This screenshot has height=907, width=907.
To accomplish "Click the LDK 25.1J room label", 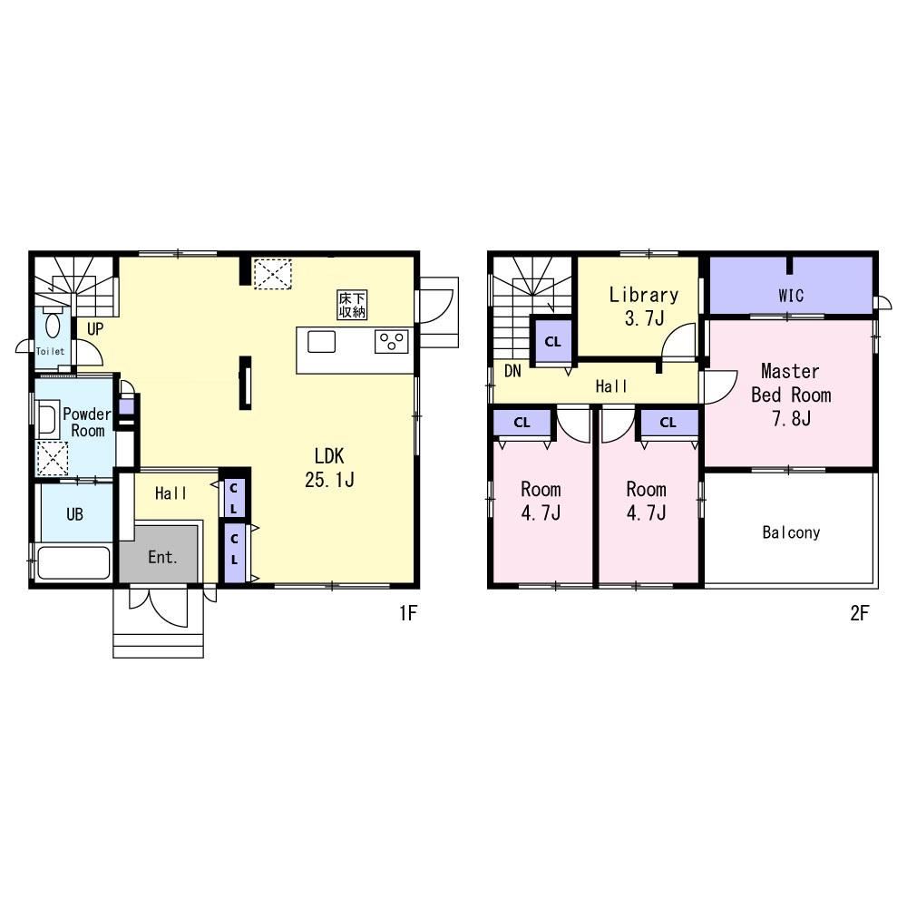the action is (329, 467).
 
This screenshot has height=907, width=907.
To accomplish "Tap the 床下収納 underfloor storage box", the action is (352, 305).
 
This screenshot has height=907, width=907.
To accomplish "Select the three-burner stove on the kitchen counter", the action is (392, 341).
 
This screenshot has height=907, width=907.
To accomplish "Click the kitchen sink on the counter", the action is (321, 341).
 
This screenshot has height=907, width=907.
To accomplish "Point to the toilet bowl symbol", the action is (53, 323).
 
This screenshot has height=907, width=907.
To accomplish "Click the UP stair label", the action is (95, 329).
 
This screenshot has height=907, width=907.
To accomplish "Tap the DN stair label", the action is (512, 371).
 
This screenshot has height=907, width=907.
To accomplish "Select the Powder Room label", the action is (87, 423).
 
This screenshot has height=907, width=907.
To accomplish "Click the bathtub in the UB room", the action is (73, 563).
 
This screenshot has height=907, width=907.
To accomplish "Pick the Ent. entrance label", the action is (162, 557).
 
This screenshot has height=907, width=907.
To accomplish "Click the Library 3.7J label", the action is (643, 306).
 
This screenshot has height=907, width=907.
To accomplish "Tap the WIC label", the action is (791, 296).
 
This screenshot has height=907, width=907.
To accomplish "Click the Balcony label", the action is (791, 532).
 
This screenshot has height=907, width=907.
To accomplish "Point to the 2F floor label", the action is (859, 612).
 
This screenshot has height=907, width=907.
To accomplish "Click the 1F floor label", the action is (408, 612).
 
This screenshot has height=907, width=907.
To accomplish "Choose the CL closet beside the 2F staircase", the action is (552, 341).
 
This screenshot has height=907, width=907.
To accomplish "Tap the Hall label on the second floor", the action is (611, 385).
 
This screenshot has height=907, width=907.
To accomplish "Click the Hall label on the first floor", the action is (171, 493).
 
